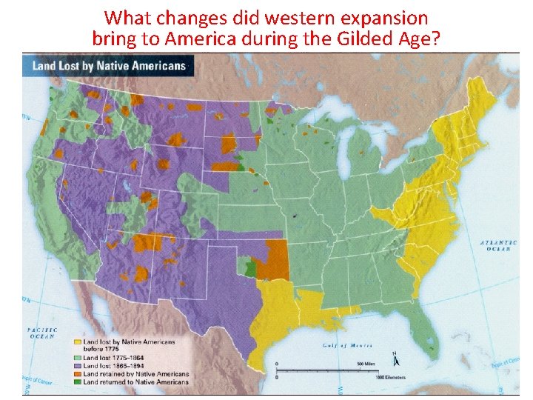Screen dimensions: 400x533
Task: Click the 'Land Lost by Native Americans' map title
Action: [x=109, y=66]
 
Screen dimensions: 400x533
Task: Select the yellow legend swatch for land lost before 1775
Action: [x=77, y=342]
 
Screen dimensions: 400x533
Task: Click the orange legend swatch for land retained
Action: [x=77, y=373]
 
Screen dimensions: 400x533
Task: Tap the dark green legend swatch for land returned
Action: [x=77, y=382]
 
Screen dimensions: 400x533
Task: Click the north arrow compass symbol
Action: [x=397, y=359]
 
